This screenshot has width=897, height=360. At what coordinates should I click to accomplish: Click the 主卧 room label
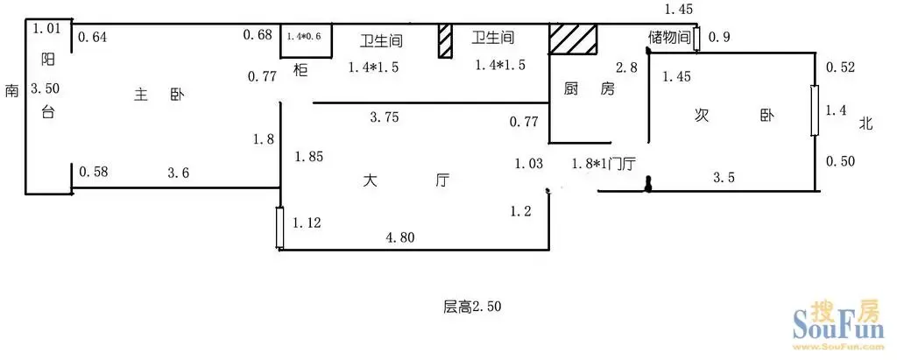[159, 95]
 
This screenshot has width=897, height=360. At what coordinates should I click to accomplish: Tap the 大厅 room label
[406, 180]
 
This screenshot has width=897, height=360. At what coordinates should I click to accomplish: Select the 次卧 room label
[734, 116]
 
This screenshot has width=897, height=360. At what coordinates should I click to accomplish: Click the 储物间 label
[669, 38]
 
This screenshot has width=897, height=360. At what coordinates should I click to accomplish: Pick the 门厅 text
[623, 165]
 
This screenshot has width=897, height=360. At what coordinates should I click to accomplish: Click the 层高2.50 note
[472, 307]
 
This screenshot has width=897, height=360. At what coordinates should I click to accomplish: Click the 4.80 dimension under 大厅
[399, 236]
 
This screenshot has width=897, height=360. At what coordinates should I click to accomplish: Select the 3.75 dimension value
[385, 118]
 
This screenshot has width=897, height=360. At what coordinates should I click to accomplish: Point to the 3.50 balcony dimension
[46, 88]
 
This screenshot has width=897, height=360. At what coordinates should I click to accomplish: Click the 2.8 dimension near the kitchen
[625, 67]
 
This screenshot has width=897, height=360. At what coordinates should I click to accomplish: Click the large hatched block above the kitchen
[573, 39]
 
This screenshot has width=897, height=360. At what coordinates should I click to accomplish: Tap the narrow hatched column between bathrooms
[445, 40]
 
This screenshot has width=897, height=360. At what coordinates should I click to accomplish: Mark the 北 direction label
[866, 123]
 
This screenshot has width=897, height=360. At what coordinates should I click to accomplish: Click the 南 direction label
[12, 90]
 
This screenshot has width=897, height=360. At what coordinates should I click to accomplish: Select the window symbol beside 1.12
[279, 228]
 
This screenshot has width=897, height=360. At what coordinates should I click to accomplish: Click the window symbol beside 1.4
[815, 110]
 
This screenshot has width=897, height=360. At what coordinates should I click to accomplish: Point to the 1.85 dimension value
[308, 156]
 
